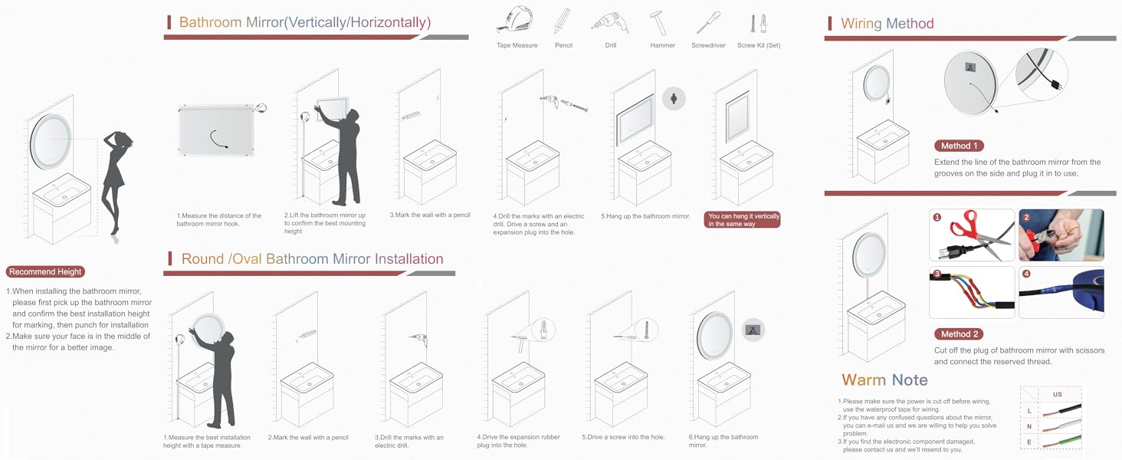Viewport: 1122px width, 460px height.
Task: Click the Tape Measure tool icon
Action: pyautogui.click(x=516, y=21)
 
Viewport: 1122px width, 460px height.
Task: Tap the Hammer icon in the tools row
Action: pyautogui.click(x=658, y=23)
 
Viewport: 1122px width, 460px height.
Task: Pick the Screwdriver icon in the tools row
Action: pyautogui.click(x=708, y=23)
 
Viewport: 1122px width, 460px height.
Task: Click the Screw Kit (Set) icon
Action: pyautogui.click(x=759, y=24)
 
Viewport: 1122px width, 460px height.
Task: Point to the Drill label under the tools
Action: pyautogui.click(x=611, y=45)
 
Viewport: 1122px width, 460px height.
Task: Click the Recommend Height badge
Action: pyautogui.click(x=45, y=271)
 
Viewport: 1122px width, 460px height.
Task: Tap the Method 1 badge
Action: pyautogui.click(x=959, y=146)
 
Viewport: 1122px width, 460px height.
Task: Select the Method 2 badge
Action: pyautogui.click(x=959, y=334)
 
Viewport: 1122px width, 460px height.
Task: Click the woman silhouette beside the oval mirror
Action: pyautogui.click(x=117, y=186)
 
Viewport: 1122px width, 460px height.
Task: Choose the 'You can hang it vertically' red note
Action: pyautogui.click(x=743, y=219)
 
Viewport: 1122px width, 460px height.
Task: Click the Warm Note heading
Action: pyautogui.click(x=884, y=379)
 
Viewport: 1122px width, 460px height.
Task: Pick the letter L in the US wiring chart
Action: pyautogui.click(x=1029, y=411)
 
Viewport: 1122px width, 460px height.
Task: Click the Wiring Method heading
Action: pyautogui.click(x=887, y=24)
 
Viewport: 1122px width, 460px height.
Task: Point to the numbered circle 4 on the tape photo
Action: pyautogui.click(x=1026, y=274)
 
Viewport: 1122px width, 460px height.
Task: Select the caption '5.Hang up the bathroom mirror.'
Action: pyautogui.click(x=645, y=216)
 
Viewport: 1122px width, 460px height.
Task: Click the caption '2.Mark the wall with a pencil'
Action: pyautogui.click(x=308, y=438)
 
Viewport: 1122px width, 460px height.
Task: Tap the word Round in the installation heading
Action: pyautogui.click(x=203, y=259)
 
